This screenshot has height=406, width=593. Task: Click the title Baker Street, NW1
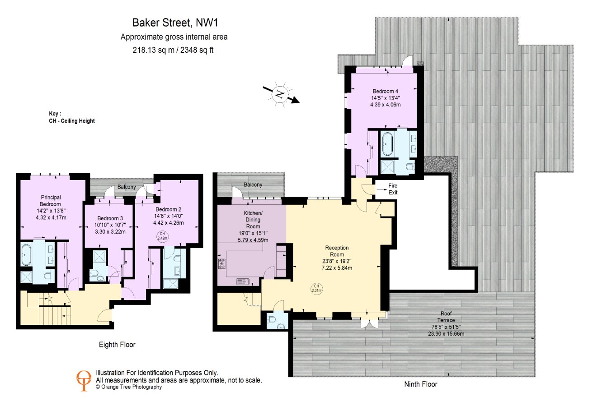(x=175, y=23)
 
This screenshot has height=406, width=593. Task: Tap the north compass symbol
(x=281, y=94)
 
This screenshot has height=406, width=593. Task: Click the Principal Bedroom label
(x=51, y=201)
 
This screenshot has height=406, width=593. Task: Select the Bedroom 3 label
(x=110, y=218)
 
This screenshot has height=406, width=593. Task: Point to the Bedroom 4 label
(x=386, y=91)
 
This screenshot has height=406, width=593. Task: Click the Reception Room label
(x=337, y=251)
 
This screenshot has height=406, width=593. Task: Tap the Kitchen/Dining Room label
(x=253, y=220)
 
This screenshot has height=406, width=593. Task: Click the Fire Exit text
(x=393, y=189)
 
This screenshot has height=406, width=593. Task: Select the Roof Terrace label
(x=446, y=317)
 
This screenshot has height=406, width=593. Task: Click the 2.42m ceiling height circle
(x=162, y=236)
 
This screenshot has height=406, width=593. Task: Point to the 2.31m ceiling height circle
(x=317, y=288)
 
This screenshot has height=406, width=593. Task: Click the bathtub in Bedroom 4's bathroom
(x=388, y=144)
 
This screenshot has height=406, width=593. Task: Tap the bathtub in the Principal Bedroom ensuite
(x=26, y=255)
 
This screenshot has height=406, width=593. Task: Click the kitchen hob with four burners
(x=221, y=263)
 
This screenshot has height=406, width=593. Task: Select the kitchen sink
(x=243, y=281)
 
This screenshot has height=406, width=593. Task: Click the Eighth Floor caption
(x=117, y=345)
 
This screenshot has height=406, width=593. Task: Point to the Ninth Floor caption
(x=421, y=384)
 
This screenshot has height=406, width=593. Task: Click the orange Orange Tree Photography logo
(x=84, y=380)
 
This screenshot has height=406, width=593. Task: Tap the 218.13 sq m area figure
(x=153, y=50)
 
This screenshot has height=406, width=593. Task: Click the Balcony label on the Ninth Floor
(x=253, y=185)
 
